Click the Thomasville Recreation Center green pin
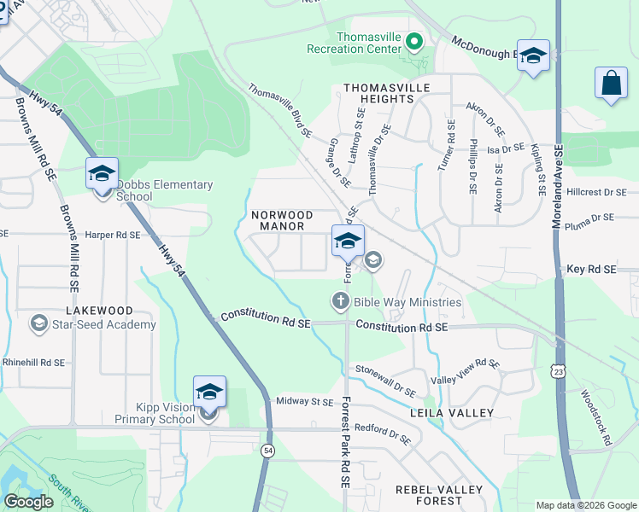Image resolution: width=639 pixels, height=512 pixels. point(414,41)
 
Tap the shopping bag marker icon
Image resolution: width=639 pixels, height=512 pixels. point(611,84)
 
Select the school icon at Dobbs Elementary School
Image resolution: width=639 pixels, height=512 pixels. point(102,174)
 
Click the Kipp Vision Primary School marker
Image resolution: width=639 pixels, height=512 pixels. point(209,393)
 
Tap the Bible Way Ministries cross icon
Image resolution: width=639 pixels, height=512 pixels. point(340,301)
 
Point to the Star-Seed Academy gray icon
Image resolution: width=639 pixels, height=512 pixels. point(38,323)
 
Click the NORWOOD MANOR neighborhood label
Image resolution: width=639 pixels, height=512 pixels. point(282,220)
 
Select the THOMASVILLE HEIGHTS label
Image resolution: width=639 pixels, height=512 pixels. point(378,93)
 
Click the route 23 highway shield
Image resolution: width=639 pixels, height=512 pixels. point(558,371)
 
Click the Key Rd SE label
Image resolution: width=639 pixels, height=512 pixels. point(591,269)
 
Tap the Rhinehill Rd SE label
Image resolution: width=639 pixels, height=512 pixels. point(34,362)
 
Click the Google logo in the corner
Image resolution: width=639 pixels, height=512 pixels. point(28,502)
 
